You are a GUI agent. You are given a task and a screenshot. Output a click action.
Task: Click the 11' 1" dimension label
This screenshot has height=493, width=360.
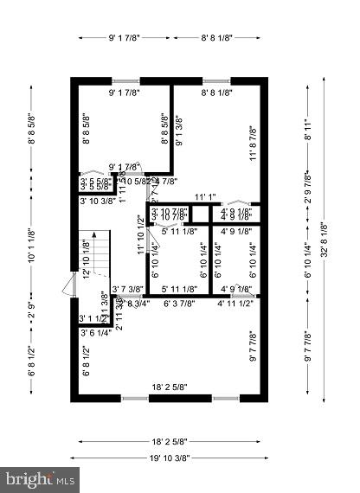pyautogui.click(x=205, y=196)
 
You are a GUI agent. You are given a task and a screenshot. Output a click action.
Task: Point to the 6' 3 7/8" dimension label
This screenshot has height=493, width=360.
pyautogui.click(x=180, y=304)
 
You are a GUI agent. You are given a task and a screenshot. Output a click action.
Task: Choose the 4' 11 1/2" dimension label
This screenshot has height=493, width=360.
pyautogui.click(x=235, y=304)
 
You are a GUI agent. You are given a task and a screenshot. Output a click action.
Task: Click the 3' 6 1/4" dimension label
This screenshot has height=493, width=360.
pyautogui.click(x=94, y=332)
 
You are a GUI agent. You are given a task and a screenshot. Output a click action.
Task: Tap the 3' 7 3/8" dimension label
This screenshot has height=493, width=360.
pyautogui.click(x=128, y=289)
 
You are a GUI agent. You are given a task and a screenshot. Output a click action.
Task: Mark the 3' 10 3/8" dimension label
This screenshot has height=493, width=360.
pyautogui.click(x=98, y=201)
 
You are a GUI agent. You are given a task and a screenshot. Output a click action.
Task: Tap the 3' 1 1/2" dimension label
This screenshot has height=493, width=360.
pyautogui.click(x=93, y=318)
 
